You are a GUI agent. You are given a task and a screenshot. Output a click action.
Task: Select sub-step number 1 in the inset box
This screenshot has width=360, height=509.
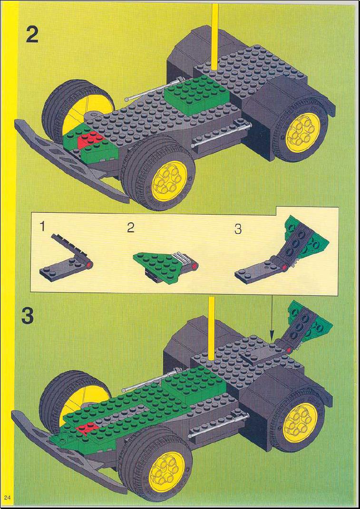point(42,226)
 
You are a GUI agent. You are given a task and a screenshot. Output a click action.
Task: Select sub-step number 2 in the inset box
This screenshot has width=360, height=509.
point(130,228)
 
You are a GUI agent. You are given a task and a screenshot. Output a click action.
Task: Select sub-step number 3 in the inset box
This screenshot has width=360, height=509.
point(238,229)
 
